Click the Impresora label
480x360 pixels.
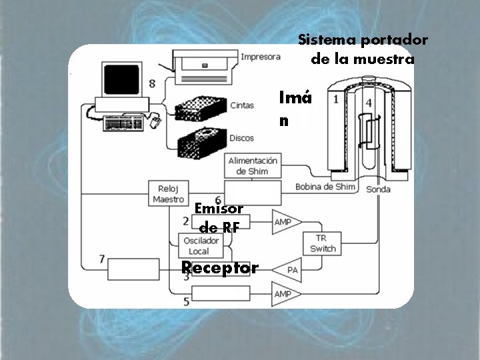[261, 57]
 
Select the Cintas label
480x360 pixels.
[241, 105]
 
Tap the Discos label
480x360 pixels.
[241, 138]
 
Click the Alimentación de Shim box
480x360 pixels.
[253, 166]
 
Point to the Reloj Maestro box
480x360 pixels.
[168, 193]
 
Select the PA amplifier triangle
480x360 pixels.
[289, 269]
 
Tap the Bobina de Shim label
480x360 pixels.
[325, 187]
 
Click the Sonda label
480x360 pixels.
[378, 189]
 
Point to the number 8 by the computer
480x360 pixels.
[153, 83]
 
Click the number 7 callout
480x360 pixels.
[101, 259]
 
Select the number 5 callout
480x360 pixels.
[186, 301]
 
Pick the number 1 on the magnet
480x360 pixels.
[336, 99]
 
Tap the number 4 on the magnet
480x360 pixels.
[369, 103]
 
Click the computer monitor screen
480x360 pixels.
[122, 80]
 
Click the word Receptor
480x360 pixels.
[220, 268]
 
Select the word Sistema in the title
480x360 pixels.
[326, 39]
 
